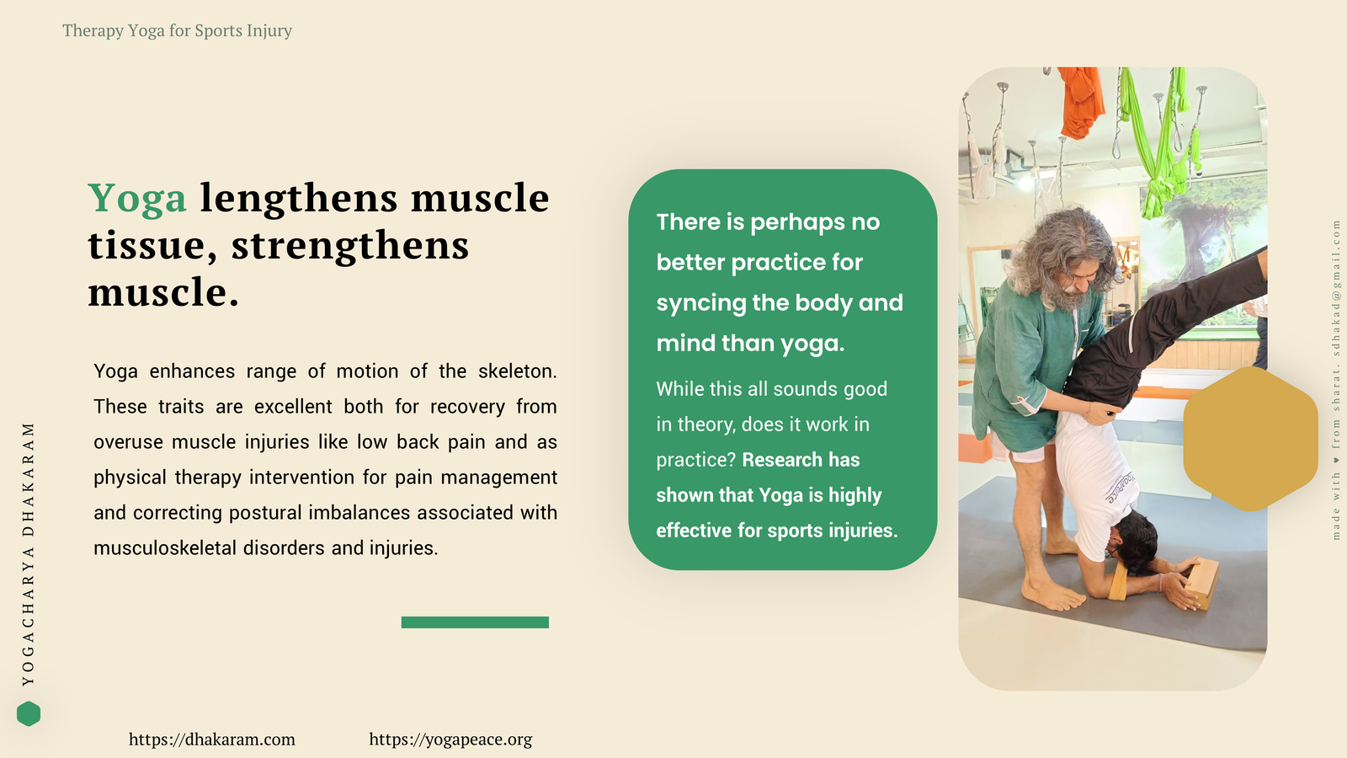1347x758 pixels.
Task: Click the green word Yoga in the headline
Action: coord(137,199)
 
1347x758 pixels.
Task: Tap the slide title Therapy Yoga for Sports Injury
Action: coord(177,30)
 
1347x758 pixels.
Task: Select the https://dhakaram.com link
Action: coord(211,739)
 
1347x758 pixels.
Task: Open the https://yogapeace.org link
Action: coord(450,739)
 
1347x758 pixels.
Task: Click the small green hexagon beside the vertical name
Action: coord(29,713)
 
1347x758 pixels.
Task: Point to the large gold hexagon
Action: coord(1251,439)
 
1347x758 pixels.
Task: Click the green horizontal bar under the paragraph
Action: coord(475,622)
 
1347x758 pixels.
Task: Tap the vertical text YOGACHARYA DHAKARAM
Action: coord(29,553)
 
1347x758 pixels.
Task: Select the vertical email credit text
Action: coord(1336,380)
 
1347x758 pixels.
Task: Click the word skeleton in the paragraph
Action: coord(517,371)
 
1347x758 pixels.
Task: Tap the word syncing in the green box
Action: coord(700,303)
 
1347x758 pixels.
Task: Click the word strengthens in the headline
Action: coord(350,245)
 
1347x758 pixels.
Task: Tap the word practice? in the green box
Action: coord(695,460)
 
